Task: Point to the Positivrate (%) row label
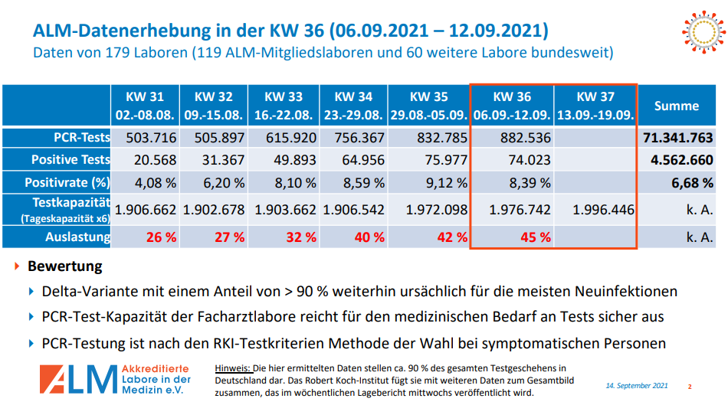click(67, 182)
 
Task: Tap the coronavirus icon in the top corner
click(701, 31)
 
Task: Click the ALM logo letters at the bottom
click(78, 378)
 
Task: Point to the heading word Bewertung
click(64, 267)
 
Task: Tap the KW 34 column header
click(353, 106)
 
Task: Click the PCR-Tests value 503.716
click(145, 138)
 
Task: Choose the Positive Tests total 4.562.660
click(681, 160)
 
